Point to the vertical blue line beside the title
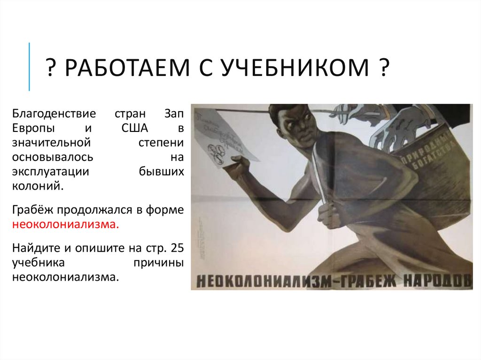coord(30,66)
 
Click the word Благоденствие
coord(54,114)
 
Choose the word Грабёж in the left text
coord(33,210)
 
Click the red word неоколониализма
coord(65,224)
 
